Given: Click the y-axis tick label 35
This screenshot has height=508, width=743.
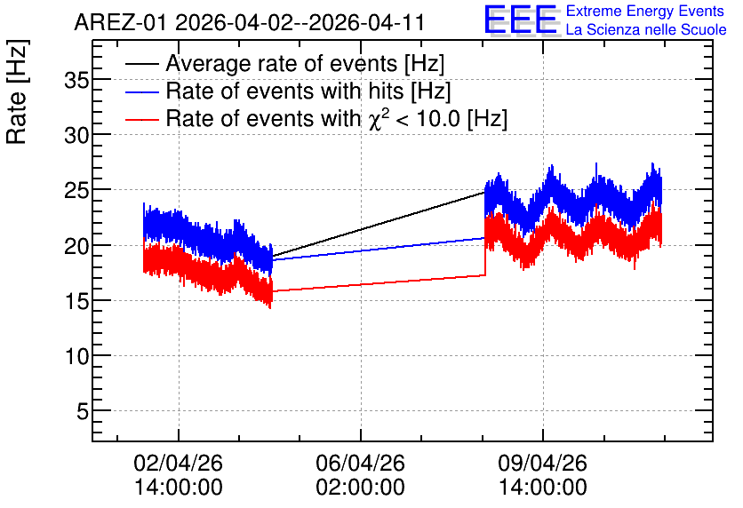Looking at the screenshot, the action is [x=76, y=81].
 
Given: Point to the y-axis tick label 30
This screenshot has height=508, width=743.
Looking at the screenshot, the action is [x=76, y=136].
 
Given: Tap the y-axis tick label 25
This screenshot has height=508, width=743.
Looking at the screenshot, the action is [x=76, y=191].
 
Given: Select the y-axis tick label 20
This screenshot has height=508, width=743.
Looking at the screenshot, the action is [x=76, y=246].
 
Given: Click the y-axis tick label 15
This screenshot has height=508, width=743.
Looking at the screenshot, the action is [x=76, y=301].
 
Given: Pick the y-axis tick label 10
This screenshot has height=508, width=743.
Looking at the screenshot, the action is [x=76, y=356].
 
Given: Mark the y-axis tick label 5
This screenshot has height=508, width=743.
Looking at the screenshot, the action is [x=83, y=411].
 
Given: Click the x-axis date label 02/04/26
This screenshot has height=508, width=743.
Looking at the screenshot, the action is [x=178, y=463].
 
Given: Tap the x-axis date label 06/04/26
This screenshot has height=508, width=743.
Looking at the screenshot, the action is [x=361, y=463].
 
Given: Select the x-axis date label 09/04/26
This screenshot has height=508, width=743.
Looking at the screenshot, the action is [x=542, y=463].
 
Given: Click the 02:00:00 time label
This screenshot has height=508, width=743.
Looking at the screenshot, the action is [x=361, y=488].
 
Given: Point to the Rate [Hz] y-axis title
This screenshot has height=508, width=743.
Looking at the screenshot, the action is [x=17, y=92].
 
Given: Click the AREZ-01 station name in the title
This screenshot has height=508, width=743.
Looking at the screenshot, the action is [x=121, y=22].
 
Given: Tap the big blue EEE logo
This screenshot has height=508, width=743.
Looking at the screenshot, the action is [x=521, y=20].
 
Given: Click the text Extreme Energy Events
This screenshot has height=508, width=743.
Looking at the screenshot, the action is [x=645, y=11].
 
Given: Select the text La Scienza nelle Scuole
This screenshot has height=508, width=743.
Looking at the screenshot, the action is [x=646, y=29].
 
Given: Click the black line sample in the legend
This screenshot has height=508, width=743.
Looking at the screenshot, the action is [x=141, y=64].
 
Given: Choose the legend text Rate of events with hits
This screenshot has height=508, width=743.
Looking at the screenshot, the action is [x=284, y=91].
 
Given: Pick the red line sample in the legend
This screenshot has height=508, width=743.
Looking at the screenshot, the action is [x=141, y=119].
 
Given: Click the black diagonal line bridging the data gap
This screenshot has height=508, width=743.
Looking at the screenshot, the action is [x=378, y=225].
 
